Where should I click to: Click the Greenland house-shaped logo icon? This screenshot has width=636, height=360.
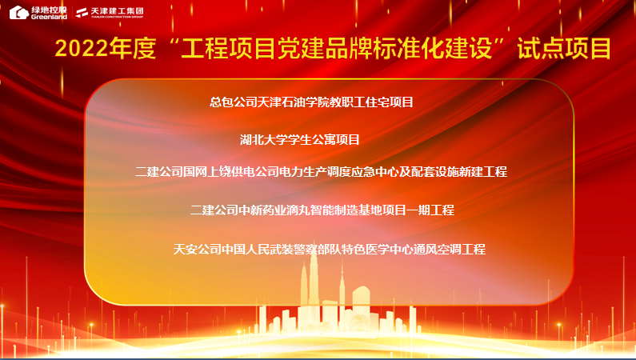click(18, 12)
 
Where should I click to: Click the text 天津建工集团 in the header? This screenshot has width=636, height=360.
click(117, 10)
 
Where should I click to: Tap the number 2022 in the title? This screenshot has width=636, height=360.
click(82, 49)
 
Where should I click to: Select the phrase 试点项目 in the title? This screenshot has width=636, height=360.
click(564, 48)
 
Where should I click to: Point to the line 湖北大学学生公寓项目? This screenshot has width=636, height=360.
click(300, 140)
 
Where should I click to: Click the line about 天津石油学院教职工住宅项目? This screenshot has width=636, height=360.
click(311, 102)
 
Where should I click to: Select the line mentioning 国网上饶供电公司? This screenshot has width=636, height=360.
click(321, 171)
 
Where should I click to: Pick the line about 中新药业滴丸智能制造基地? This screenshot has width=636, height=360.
click(322, 210)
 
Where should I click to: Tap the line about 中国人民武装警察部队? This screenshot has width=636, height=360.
click(330, 249)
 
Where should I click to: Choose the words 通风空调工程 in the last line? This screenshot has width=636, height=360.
click(450, 249)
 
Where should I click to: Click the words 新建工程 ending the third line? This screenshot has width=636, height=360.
click(483, 171)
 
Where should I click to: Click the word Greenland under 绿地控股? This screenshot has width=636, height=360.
click(49, 17)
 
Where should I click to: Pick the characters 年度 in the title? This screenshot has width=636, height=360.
click(132, 49)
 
